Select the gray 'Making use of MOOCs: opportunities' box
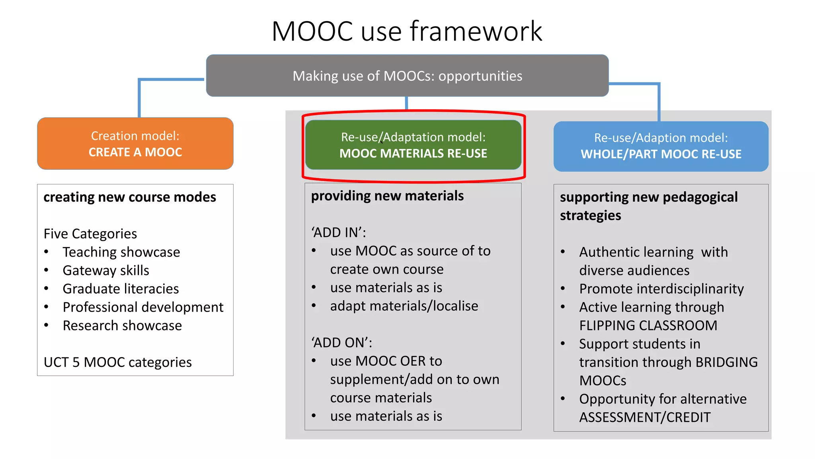point(407,76)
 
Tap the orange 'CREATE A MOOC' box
point(135,144)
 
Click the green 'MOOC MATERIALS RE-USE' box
point(413,145)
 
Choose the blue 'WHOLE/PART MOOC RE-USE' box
point(661,146)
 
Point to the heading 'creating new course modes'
point(130,197)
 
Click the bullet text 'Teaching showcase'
point(121,252)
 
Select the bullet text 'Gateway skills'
point(106,271)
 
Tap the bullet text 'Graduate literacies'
point(121,289)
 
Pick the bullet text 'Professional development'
point(143,307)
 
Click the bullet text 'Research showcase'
point(122,326)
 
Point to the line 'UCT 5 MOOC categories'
point(118,362)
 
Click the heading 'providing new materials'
point(387,196)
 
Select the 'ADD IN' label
point(338,233)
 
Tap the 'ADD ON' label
point(341,343)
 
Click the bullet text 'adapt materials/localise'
point(404,306)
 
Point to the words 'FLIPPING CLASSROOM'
point(648,326)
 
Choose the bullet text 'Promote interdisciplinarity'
point(661,289)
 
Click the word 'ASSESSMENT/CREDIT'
point(645,417)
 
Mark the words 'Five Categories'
point(90,234)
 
